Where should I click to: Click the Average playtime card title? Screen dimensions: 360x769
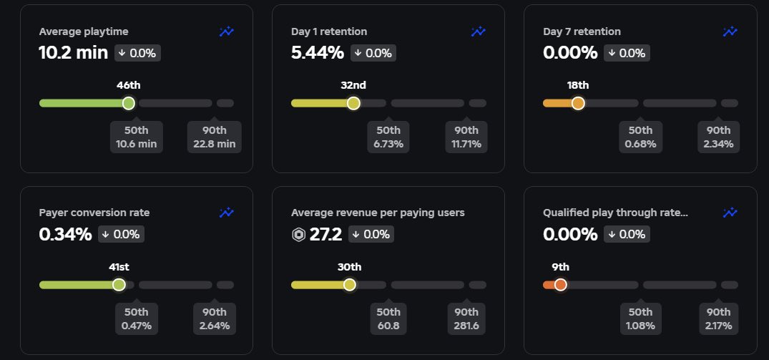coord(84,31)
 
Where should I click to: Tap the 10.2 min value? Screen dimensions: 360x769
coord(73,53)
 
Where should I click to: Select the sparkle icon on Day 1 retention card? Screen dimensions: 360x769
coord(479,31)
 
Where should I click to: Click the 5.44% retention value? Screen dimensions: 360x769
coord(318,53)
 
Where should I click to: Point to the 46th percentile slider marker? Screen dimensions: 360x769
coord(129,103)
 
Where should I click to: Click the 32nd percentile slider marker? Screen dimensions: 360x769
coord(353,103)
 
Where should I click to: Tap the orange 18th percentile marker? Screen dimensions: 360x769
coord(578,103)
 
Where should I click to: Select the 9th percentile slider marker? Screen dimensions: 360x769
coord(560,285)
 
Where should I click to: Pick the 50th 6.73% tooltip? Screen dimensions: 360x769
coord(388,137)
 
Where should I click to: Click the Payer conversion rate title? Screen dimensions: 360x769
coord(94,213)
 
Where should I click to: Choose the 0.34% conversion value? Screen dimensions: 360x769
coord(65,234)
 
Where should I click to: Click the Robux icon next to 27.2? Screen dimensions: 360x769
coord(298,235)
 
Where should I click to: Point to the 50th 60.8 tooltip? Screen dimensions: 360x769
coord(388,318)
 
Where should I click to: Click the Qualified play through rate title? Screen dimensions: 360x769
coord(615,213)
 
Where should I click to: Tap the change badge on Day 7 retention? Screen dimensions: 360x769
coord(627,53)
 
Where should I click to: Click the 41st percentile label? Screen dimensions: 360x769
coord(119,267)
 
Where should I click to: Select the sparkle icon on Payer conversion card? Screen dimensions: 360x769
coord(227,213)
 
